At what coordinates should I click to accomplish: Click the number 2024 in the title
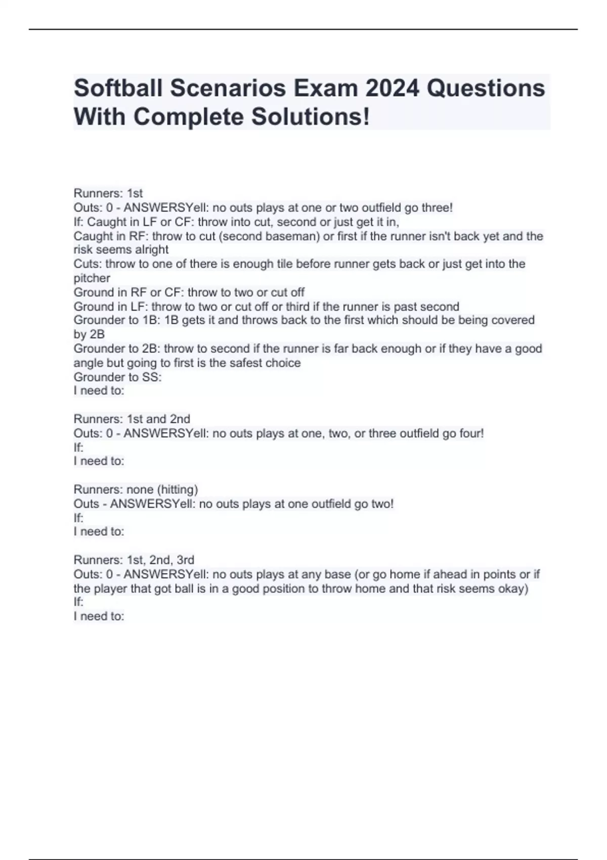pyautogui.click(x=392, y=88)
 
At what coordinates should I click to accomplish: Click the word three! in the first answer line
pyautogui.click(x=437, y=207)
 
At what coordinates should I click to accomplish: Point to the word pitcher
pyautogui.click(x=92, y=278)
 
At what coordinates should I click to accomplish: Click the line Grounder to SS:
pyautogui.click(x=117, y=377)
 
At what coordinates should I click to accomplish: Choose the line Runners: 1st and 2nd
pyautogui.click(x=132, y=419)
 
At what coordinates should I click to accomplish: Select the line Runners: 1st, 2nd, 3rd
pyautogui.click(x=134, y=560)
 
